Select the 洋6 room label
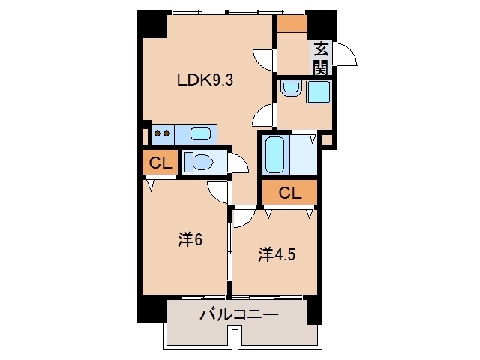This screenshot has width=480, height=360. tap(190, 241)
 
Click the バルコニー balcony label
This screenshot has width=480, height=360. tap(238, 314)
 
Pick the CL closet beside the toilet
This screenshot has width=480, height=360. tap(158, 163)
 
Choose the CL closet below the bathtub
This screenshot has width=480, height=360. tap(289, 192)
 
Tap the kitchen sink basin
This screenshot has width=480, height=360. tap(200, 134)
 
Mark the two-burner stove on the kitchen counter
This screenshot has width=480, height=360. tap(162, 134)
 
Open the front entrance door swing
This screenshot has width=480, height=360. tap(346, 55)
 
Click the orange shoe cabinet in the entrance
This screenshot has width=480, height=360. tap(292, 23)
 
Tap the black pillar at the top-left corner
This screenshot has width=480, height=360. tap(152, 24)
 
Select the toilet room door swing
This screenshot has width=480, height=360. tap(240, 163)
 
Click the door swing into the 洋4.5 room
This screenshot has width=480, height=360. tap(244, 218)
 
